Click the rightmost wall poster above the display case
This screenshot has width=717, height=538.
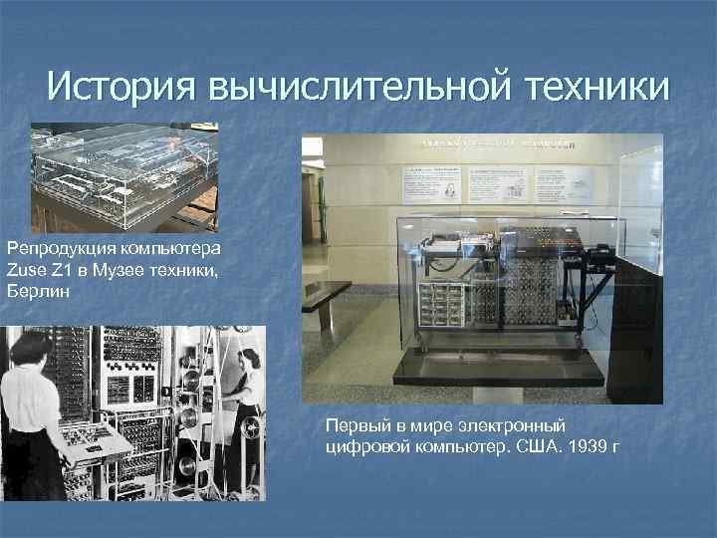point(564,183)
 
